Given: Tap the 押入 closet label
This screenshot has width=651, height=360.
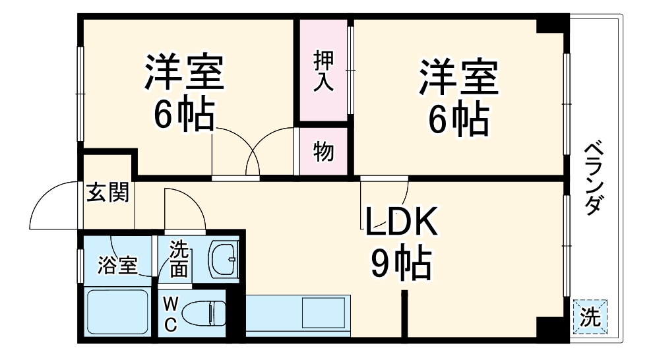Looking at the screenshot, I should [x=324, y=71].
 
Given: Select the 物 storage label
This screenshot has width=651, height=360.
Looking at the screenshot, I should [x=323, y=152].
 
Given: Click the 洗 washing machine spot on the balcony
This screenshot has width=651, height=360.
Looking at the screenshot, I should [x=590, y=318].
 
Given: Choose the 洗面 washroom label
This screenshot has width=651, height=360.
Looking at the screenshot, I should [x=179, y=260].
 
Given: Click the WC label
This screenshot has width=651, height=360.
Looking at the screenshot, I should [x=170, y=315].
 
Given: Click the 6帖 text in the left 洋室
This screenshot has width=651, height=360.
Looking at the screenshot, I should [x=184, y=117].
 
